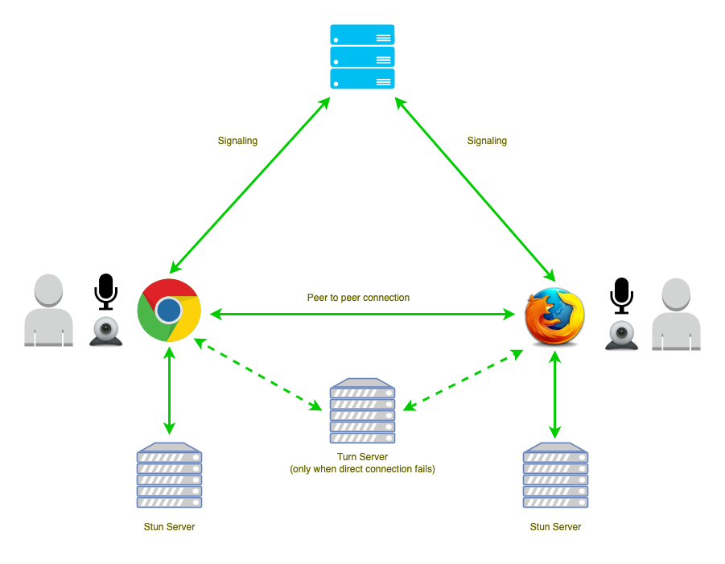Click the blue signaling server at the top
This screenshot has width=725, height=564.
(x=362, y=56)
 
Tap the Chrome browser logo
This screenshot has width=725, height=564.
(x=168, y=310)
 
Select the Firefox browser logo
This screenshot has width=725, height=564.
(x=554, y=315)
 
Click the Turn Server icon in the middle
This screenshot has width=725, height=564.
(x=362, y=411)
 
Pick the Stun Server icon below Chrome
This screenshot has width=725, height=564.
(x=169, y=475)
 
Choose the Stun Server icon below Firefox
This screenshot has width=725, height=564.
(x=555, y=475)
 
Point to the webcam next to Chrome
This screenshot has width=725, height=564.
(x=106, y=331)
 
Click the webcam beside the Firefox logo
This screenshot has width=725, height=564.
(x=622, y=335)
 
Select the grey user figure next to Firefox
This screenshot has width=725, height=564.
(x=676, y=315)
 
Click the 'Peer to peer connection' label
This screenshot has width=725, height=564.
(x=358, y=298)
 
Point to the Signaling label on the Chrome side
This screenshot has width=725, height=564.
(x=237, y=141)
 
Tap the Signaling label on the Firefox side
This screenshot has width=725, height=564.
(x=487, y=141)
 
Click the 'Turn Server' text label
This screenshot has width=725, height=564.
(x=362, y=457)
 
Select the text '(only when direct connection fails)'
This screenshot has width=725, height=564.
(x=362, y=468)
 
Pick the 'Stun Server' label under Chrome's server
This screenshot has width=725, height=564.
(x=169, y=527)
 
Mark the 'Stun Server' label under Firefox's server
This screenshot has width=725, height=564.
(x=555, y=527)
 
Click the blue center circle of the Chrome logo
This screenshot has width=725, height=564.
(x=168, y=310)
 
